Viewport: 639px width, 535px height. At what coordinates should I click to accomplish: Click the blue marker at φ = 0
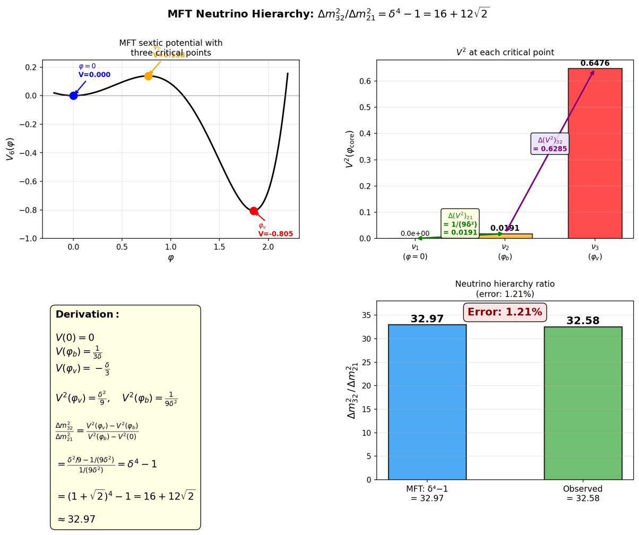click(x=73, y=96)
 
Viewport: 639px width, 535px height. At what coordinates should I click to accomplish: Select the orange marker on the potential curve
click(x=148, y=76)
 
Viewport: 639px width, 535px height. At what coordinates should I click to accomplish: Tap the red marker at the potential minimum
click(x=254, y=211)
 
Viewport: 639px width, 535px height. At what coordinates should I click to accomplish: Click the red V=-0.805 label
click(x=275, y=234)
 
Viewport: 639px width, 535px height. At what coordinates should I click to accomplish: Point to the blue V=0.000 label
click(x=94, y=75)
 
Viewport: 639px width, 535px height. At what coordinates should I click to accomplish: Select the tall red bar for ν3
click(x=594, y=154)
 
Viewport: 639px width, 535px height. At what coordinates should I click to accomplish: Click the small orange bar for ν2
click(x=505, y=236)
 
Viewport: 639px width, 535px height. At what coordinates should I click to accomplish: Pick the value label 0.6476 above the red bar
click(x=594, y=63)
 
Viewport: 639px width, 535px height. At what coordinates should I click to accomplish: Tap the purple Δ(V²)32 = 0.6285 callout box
click(x=550, y=144)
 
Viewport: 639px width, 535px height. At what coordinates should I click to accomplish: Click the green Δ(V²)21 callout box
click(x=460, y=223)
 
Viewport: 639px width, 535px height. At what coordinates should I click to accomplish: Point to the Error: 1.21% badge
click(x=505, y=312)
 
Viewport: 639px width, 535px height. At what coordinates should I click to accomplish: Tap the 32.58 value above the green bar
click(x=583, y=321)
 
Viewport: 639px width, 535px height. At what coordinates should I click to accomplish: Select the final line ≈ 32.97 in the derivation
click(x=76, y=520)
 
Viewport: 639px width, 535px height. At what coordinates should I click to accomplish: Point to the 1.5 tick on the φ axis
click(x=219, y=247)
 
